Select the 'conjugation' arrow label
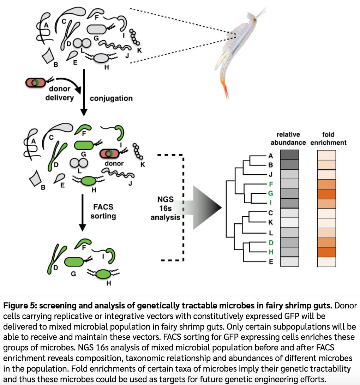111,98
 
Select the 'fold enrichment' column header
328,138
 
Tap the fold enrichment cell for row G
326,194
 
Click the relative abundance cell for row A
289,155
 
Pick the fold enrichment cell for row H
326,252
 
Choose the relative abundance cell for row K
289,223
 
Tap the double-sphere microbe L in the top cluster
82,43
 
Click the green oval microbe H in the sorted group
103,274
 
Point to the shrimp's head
253,19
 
